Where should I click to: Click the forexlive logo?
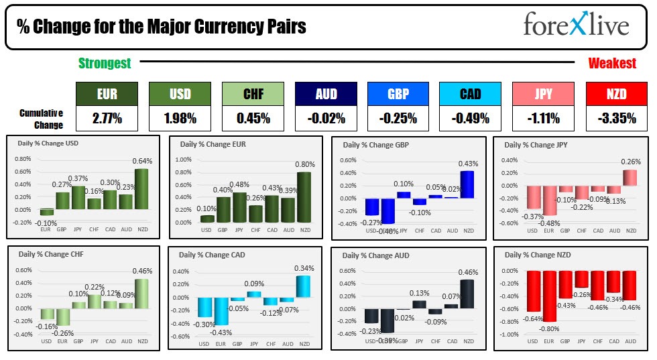click(576, 25)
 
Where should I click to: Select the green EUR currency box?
click(107, 94)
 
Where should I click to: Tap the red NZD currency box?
click(615, 94)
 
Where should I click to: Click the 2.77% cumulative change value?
click(107, 119)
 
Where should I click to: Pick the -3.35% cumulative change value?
click(615, 119)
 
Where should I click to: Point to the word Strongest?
click(105, 63)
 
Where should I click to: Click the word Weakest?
click(612, 63)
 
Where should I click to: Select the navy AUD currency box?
click(326, 94)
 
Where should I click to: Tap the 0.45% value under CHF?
click(253, 119)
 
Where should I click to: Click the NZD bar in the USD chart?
click(142, 190)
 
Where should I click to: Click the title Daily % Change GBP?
click(375, 145)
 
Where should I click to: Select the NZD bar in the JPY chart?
click(631, 178)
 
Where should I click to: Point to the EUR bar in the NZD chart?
click(548, 296)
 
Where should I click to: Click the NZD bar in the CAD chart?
click(304, 286)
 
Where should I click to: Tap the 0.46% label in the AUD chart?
click(467, 272)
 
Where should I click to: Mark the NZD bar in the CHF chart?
click(142, 294)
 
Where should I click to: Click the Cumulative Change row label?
click(42, 119)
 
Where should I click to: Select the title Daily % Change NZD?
click(537, 255)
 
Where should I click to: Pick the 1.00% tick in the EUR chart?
click(183, 160)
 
